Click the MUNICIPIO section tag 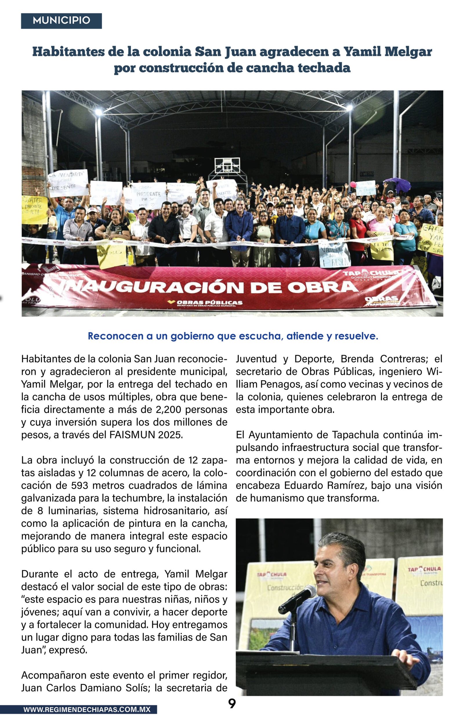click(x=61, y=21)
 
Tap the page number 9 click(x=232, y=703)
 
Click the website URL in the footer click(x=87, y=709)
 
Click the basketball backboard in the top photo click(x=227, y=165)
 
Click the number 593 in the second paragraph click(x=80, y=485)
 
